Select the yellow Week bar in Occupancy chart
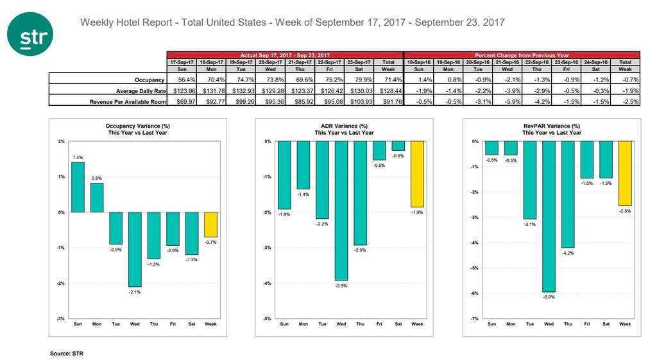(210, 225)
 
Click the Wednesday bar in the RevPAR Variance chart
(549, 216)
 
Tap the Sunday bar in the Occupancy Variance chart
(77, 187)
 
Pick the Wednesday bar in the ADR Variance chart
(341, 211)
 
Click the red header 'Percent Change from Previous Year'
(522, 56)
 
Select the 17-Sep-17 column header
(182, 62)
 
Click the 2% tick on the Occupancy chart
(60, 142)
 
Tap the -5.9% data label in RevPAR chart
(549, 298)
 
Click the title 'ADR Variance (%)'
(344, 126)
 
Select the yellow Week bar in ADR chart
(417, 174)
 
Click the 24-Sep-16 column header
(596, 62)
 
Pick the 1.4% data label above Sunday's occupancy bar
(77, 157)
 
